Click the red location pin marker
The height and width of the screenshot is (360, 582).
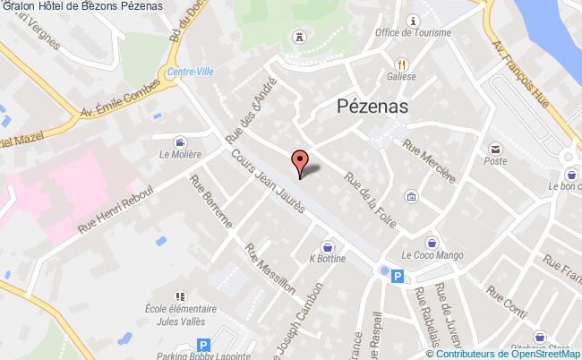pos(300,162)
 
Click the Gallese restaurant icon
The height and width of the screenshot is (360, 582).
pos(403,64)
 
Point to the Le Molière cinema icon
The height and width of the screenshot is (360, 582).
pos(181,141)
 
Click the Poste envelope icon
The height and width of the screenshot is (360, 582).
pos(493,148)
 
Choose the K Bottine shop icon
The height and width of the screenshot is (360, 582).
pos(329,244)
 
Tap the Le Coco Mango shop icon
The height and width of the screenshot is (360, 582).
pos(432,242)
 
